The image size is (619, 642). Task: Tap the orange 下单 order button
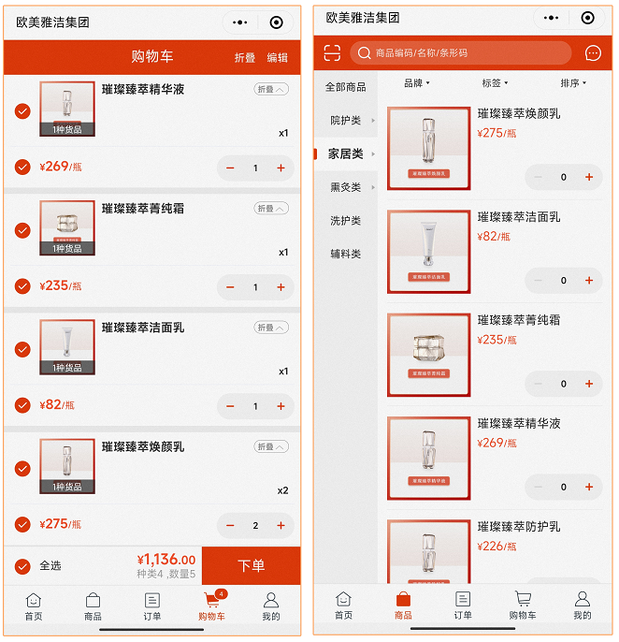(251, 566)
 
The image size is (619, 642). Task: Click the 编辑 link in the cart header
(278, 58)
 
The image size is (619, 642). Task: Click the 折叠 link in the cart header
(244, 58)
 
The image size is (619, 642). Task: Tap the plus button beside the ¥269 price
(281, 168)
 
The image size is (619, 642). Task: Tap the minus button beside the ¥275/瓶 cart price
(231, 526)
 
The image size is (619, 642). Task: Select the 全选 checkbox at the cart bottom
(23, 566)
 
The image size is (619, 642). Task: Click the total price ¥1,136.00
(167, 560)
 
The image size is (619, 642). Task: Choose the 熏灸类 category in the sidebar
(345, 187)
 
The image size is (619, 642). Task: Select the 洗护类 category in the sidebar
(345, 221)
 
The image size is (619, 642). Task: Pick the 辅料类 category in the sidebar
(345, 254)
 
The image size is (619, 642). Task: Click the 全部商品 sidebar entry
(345, 87)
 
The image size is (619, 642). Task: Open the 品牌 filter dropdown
(416, 83)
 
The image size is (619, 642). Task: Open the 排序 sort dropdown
(572, 83)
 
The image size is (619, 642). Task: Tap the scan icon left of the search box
(332, 53)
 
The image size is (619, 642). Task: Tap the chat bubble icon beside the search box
(593, 53)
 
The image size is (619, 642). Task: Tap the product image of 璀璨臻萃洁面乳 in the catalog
(428, 252)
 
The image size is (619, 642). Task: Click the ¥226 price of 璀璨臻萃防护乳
(497, 547)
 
